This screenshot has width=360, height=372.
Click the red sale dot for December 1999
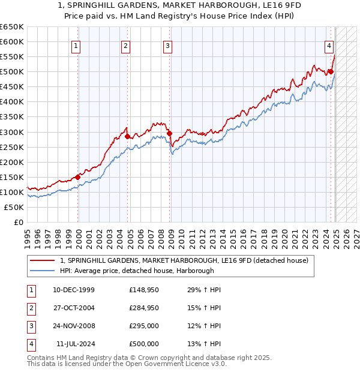78,177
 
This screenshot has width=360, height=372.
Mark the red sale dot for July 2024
331,71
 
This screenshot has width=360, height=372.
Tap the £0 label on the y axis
17,222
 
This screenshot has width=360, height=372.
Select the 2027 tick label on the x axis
356,236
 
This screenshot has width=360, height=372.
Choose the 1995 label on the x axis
27,236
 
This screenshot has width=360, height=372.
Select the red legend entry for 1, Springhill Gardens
184,260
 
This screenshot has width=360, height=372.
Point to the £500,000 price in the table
144,344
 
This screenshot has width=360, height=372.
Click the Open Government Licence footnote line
127,364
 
